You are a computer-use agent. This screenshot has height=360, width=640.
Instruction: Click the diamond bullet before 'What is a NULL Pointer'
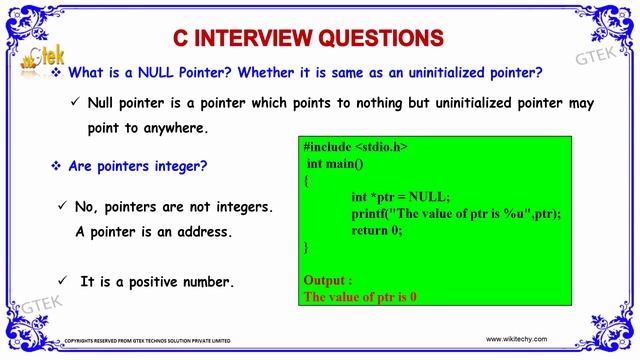pos(56,74)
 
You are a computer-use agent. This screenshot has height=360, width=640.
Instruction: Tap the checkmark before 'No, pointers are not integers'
pos(63,206)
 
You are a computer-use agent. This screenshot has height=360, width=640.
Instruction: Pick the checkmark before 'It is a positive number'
pos(63,282)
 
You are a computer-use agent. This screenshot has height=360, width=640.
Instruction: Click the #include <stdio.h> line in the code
pos(355,147)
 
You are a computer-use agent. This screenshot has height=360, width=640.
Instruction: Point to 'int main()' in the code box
pos(335,163)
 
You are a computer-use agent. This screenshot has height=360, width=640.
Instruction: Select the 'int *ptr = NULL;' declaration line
pos(400,197)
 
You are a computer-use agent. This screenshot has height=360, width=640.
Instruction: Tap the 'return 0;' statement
pos(376,230)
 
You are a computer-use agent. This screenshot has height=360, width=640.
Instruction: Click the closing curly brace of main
pos(306,246)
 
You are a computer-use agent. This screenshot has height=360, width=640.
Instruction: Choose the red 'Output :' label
pos(327,281)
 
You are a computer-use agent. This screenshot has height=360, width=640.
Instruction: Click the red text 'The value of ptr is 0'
pos(359,297)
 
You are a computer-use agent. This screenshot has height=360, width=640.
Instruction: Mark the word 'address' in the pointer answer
pos(201,232)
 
